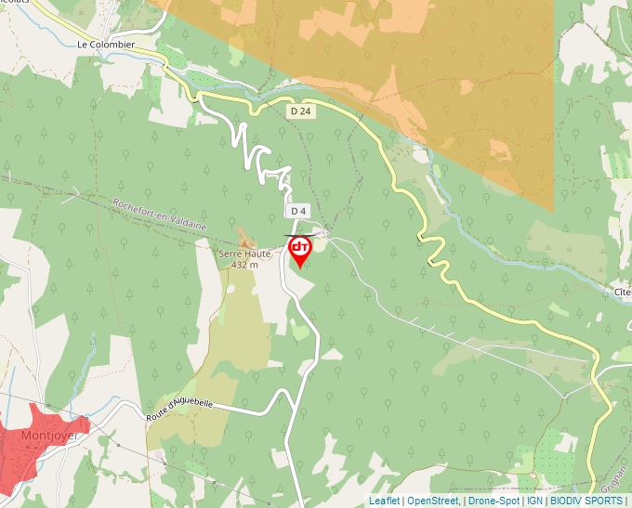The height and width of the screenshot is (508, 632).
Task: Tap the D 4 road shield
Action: point(297,211)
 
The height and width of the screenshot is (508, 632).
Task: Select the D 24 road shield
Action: point(300,111)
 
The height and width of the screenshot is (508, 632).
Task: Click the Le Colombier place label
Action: point(106,44)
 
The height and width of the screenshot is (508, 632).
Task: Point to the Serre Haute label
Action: point(245,254)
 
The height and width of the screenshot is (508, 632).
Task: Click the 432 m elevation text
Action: point(245,265)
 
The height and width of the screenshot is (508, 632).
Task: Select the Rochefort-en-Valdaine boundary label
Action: point(160,215)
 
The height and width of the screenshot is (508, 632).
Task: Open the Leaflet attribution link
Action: point(384,501)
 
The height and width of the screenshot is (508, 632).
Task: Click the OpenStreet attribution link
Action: point(433,501)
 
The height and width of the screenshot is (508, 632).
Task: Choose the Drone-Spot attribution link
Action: point(493,501)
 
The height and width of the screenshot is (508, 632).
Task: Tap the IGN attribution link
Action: point(534,501)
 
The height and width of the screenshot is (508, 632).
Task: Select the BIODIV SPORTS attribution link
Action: point(586,501)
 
